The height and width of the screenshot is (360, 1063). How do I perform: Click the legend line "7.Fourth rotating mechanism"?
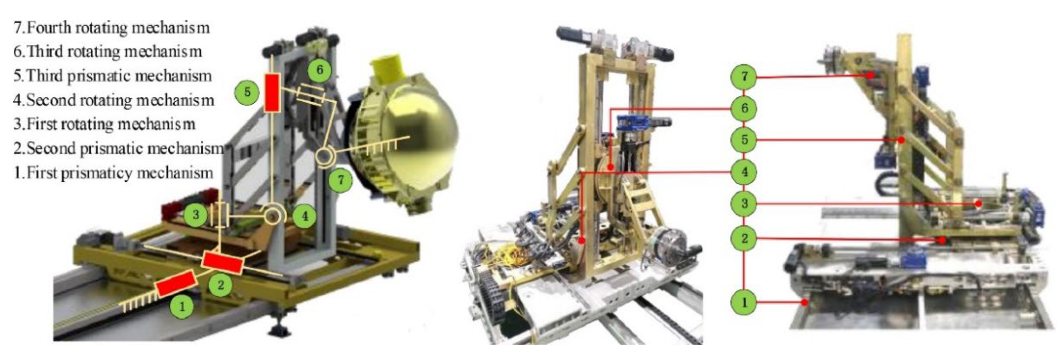click(x=111, y=28)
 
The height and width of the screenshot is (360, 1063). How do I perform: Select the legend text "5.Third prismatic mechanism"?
click(x=112, y=76)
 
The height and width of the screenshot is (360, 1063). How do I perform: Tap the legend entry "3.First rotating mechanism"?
click(x=104, y=124)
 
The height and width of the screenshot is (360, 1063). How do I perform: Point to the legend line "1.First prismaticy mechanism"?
click(x=113, y=173)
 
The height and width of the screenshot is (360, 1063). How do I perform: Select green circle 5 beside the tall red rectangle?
click(x=247, y=92)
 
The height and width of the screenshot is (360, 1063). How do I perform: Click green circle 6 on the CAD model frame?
click(x=319, y=70)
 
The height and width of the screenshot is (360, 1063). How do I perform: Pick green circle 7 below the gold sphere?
click(x=340, y=180)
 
